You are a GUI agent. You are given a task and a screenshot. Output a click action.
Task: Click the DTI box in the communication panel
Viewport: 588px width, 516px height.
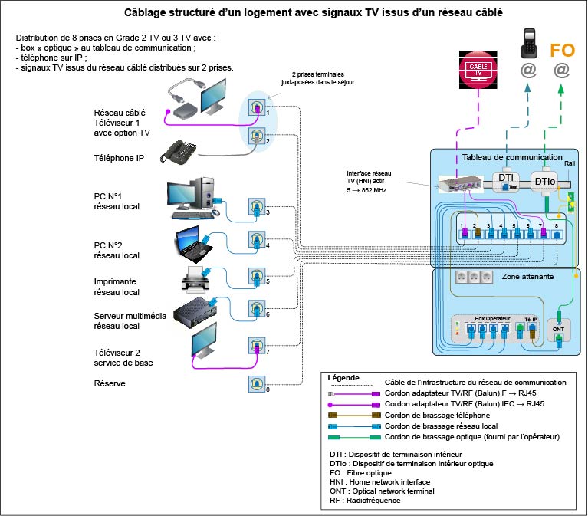tap(507, 179)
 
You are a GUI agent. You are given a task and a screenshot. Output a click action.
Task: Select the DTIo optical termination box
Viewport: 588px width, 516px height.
tap(546, 181)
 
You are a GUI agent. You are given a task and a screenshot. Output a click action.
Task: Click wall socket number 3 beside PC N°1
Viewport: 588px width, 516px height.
tap(257, 207)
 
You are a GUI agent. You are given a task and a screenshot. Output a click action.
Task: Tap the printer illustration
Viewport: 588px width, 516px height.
tap(195, 281)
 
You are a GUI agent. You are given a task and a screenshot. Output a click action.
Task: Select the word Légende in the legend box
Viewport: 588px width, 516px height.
tap(343, 378)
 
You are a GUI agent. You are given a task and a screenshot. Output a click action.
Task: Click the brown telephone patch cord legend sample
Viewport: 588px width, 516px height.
tap(354, 415)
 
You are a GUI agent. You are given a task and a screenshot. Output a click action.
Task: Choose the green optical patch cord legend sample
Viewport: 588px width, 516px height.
tap(354, 436)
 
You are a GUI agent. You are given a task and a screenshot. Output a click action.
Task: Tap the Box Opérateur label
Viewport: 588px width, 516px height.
tap(491, 317)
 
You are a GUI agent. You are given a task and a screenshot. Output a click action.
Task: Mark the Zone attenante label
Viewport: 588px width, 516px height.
tap(527, 276)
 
